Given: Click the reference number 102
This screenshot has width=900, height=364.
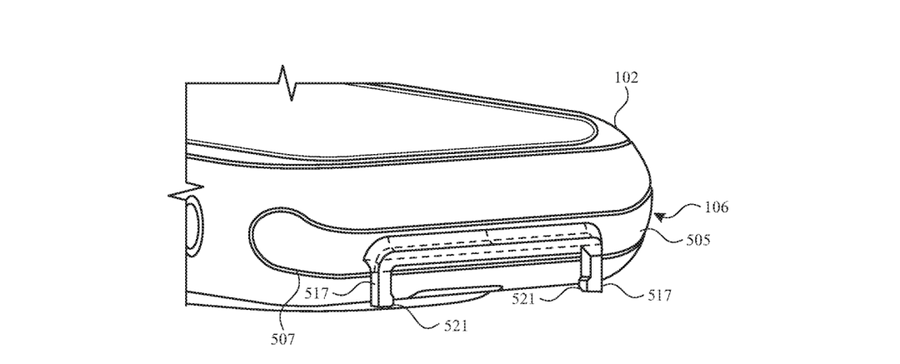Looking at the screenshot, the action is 626,77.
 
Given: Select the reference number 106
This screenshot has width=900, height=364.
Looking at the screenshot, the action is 717,207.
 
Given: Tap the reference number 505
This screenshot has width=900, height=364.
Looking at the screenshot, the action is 698,239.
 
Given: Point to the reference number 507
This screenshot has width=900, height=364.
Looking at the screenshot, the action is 283,339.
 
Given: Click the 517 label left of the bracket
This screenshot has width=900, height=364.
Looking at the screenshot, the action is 317,294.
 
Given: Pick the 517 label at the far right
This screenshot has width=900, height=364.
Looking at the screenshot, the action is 659,295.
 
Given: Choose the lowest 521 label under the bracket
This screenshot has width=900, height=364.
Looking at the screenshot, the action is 456,327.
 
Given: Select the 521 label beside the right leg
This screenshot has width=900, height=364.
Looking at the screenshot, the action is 523,298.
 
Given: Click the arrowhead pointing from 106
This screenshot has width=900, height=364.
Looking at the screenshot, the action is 660,217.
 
